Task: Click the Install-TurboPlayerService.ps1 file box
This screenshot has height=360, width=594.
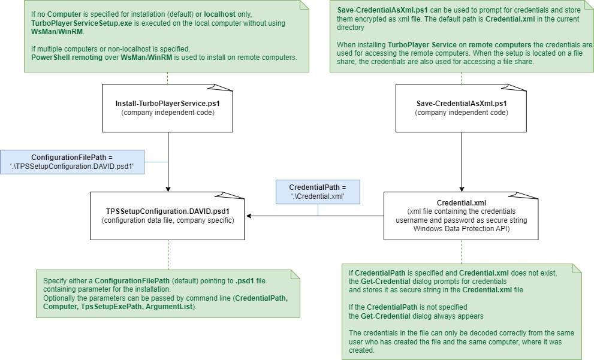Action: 167,108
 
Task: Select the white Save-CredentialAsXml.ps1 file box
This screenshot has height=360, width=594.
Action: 462,108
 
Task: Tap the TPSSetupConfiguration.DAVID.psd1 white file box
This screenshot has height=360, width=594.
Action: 167,216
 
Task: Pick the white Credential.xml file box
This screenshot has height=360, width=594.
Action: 461,216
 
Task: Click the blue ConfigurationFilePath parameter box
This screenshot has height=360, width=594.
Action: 72,162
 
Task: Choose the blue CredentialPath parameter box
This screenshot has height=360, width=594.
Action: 318,192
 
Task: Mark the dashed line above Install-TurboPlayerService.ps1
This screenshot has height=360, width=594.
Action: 168,78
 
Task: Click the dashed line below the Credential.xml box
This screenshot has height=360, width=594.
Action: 462,252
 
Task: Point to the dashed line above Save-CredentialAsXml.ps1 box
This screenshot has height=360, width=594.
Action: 462,78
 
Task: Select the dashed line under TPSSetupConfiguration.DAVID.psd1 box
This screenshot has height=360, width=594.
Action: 168,255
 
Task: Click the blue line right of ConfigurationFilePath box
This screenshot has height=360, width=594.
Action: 156,162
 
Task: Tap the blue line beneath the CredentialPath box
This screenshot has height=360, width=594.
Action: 318,210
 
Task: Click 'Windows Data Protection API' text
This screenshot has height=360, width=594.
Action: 461,228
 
